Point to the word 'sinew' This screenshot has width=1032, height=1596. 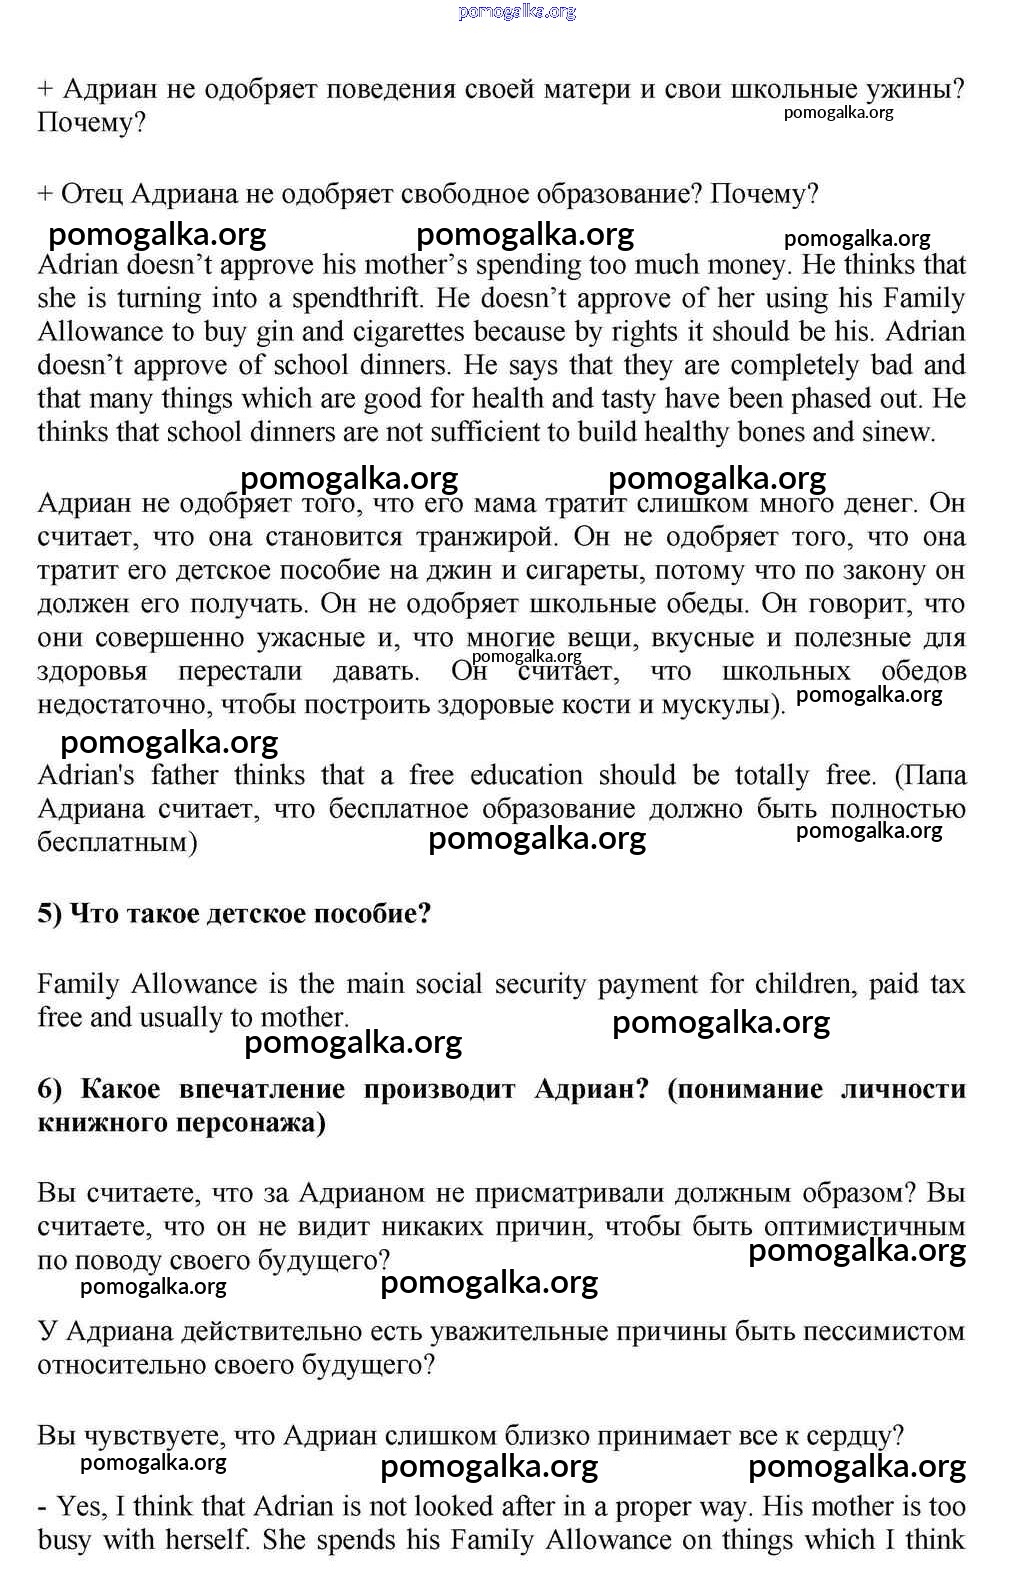(902, 433)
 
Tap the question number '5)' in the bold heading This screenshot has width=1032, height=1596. (50, 914)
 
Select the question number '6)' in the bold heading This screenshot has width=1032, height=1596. (50, 1089)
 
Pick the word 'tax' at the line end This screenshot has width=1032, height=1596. (947, 985)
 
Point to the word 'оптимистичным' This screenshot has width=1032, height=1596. (864, 1227)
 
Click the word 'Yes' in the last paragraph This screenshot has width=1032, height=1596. (78, 1507)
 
